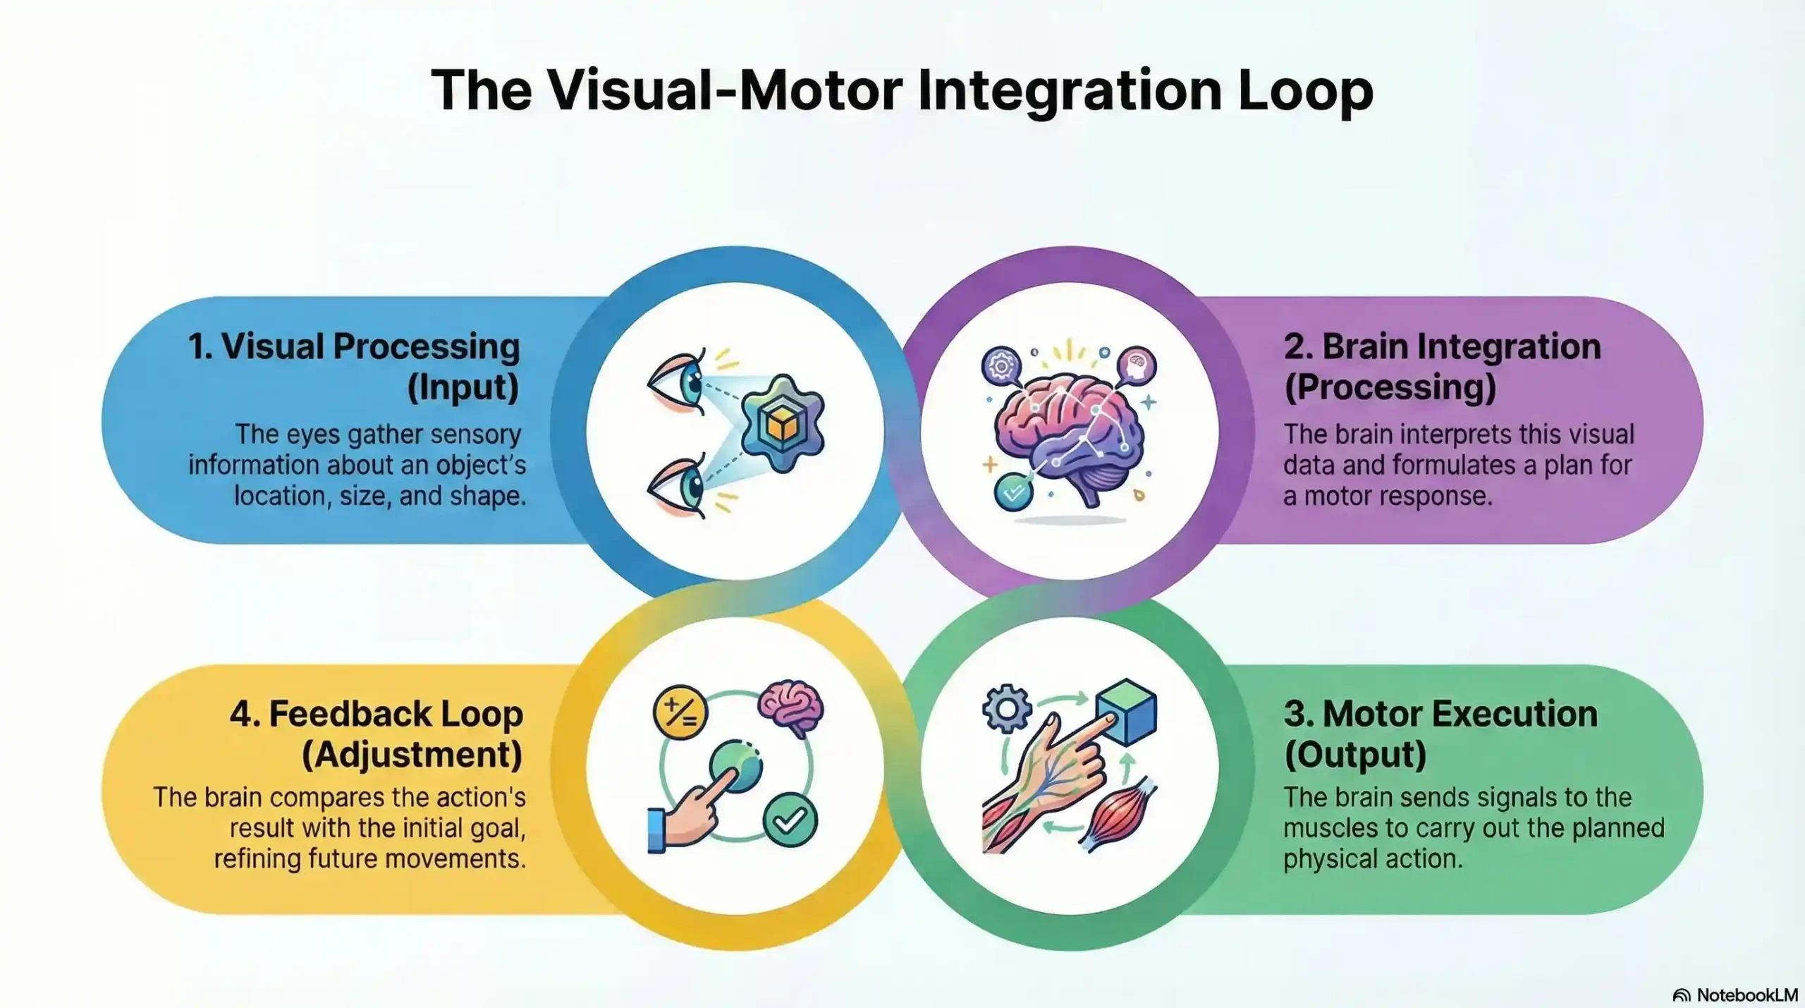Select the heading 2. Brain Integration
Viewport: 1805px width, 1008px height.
1442,347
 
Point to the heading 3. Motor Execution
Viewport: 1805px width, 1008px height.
1440,714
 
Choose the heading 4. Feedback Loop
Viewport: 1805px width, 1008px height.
377,714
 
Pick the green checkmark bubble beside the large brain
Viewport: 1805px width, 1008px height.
1013,492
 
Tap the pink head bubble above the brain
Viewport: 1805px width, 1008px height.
1137,366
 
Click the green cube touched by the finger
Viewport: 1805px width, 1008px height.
1128,712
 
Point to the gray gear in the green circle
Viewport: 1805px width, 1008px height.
1007,708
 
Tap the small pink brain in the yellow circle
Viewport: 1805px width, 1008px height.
791,705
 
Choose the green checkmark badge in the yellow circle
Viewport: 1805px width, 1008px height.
790,820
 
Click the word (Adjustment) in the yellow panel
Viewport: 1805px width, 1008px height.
412,755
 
